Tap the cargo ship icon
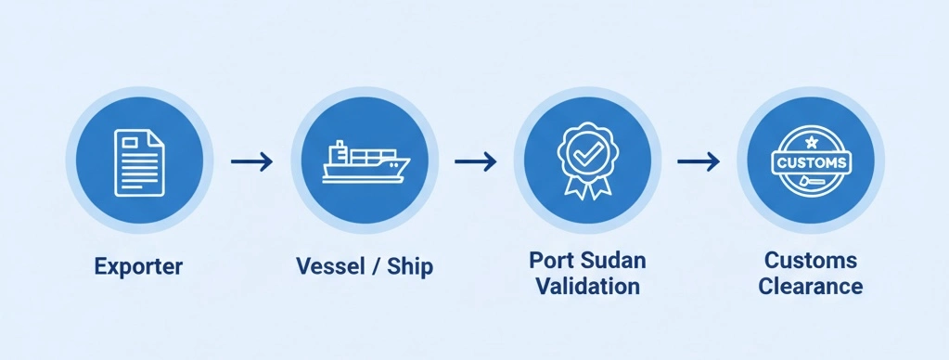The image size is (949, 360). click(365, 162)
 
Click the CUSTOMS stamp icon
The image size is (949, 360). click(810, 162)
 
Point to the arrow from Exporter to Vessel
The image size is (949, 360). click(251, 161)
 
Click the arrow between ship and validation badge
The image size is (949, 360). click(475, 161)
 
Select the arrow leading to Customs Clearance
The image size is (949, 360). click(698, 161)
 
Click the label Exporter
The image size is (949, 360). click(139, 267)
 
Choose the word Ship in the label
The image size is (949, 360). click(411, 267)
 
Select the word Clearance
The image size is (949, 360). click(810, 286)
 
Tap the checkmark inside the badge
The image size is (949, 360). click(587, 151)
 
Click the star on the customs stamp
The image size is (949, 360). click(811, 142)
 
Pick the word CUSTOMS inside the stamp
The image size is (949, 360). click(810, 162)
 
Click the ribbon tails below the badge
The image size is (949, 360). click(587, 188)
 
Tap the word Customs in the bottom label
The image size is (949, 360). click(810, 259)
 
